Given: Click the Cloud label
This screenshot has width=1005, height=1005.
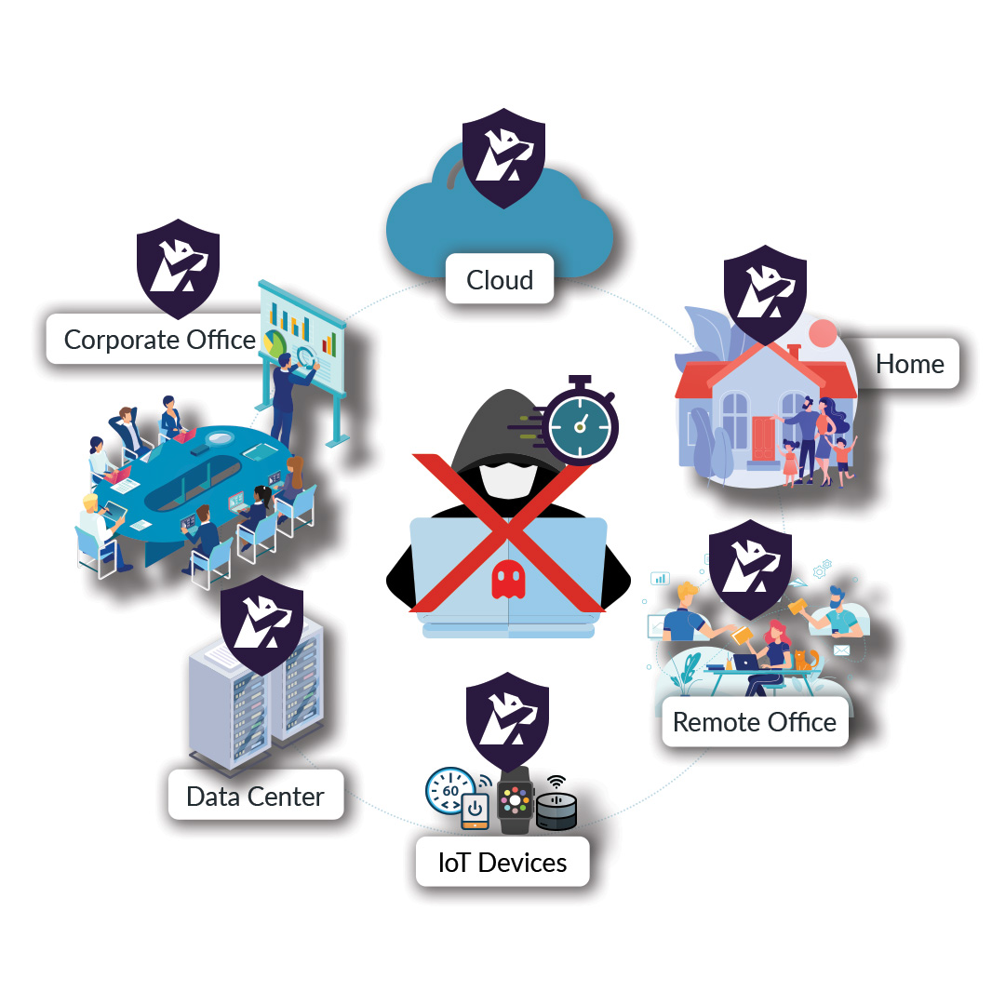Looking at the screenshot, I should coord(500,279).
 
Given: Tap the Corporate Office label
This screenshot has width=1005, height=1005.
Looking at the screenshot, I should coord(159,340).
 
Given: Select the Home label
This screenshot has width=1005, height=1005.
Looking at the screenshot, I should coord(909,364).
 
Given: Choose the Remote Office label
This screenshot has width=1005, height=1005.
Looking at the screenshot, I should coord(754,722).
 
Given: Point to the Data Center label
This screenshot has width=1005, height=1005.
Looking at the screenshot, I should coord(255,797).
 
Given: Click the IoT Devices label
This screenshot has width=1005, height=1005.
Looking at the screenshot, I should coord(502,862).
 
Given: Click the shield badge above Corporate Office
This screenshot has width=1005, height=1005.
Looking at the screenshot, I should coord(178,265).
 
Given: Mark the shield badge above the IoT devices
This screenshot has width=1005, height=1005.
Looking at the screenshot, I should coord(507,726).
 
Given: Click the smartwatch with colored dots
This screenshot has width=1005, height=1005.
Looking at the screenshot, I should coord(515,801).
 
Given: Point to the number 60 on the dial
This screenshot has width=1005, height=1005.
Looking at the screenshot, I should coord(450,791).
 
